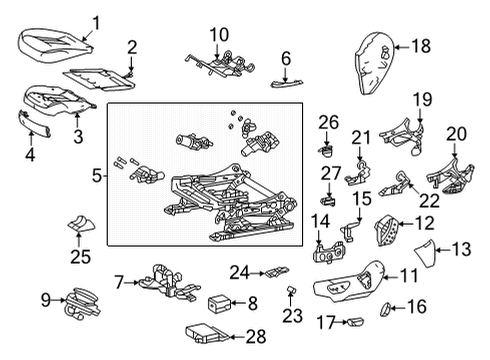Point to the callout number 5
pos(97,176)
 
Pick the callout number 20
pos(455,134)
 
